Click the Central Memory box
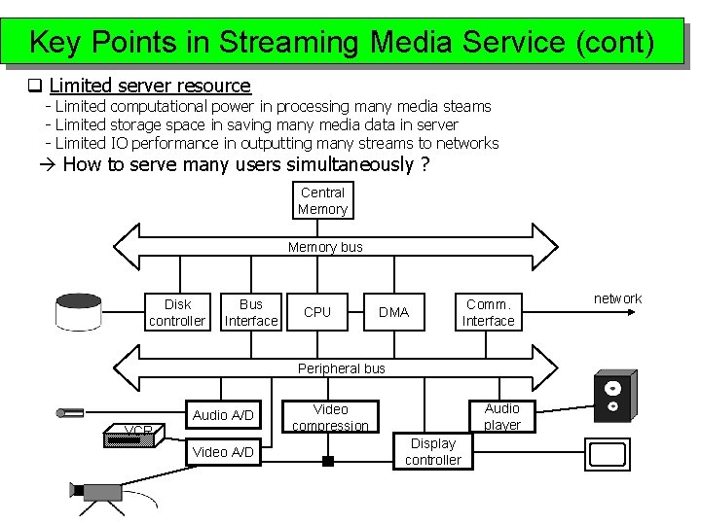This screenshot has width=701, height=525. [322, 200]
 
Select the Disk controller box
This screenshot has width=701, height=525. [177, 312]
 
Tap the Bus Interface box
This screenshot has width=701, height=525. [251, 312]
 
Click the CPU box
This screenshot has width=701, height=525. [317, 312]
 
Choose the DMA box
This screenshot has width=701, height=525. [393, 312]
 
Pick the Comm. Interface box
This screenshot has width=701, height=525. [488, 312]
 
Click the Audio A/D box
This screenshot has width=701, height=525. [223, 415]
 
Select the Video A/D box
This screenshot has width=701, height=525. [223, 451]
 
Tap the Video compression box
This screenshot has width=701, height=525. [330, 416]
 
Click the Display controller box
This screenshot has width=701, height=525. [433, 451]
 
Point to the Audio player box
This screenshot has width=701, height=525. [501, 416]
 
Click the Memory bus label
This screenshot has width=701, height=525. [325, 247]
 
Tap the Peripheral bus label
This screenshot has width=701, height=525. [341, 368]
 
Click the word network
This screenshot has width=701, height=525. [617, 298]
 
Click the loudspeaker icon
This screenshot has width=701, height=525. [613, 394]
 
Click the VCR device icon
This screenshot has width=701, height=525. [129, 437]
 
